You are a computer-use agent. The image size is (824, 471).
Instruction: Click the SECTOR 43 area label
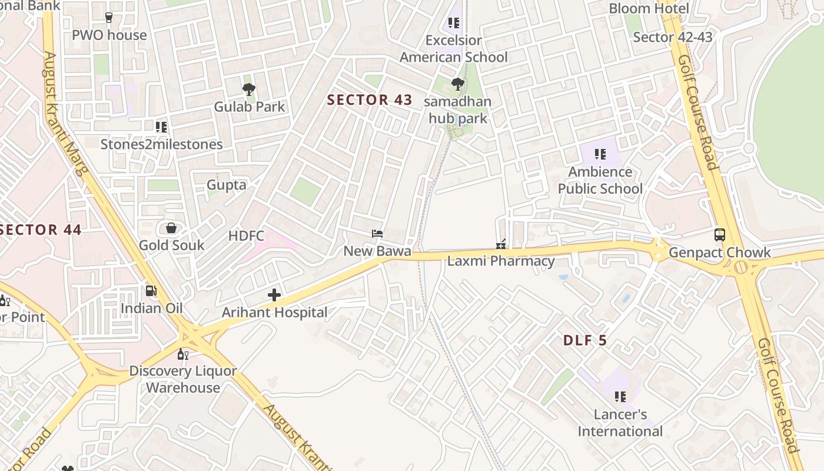(370, 100)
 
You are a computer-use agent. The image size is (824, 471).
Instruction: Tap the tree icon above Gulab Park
(249, 89)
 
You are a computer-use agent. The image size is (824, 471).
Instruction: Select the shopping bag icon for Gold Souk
(171, 228)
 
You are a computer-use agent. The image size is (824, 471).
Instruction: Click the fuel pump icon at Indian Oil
(151, 290)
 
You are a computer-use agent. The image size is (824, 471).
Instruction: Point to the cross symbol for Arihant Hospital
(274, 295)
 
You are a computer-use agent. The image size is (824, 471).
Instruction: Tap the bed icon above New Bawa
(377, 234)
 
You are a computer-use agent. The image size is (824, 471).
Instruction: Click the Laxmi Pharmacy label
(501, 261)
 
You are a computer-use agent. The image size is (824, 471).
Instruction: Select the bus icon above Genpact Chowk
(719, 235)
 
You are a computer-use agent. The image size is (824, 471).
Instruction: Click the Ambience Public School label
(600, 180)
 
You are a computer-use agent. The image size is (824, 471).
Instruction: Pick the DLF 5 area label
(585, 340)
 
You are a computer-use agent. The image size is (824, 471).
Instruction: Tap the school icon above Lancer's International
(620, 397)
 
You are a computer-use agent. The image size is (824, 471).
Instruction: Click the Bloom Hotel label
(649, 8)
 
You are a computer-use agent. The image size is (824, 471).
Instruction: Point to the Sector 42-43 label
(673, 37)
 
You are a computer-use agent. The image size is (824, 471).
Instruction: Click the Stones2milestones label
(162, 144)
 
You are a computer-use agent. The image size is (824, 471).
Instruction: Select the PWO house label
(109, 35)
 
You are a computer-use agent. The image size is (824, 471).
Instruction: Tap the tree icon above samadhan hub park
(457, 85)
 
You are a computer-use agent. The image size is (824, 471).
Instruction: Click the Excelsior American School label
(454, 49)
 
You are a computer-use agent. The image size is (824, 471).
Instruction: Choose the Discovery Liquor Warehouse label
(183, 379)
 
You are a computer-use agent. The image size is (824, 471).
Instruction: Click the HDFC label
(247, 236)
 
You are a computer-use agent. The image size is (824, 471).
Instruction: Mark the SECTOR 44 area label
(40, 230)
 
